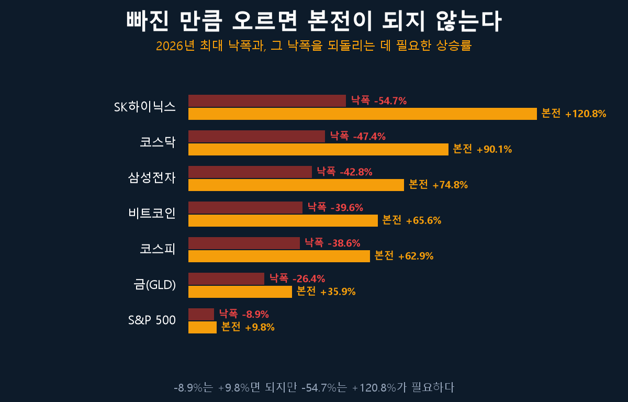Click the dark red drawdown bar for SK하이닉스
267,101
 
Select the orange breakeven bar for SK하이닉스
363,114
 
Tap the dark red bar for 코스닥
256,137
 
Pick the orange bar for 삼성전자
296,185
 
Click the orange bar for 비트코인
283,220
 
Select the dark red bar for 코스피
244,243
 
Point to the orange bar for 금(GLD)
240,292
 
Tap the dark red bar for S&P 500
201,315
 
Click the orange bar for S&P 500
203,328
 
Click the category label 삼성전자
152,178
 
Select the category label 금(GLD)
154,285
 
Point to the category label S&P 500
152,320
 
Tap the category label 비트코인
152,214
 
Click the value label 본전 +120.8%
574,114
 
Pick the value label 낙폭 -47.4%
358,136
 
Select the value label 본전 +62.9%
403,255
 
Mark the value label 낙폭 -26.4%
297,278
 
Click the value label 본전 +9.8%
248,327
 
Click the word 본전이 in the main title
340,21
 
